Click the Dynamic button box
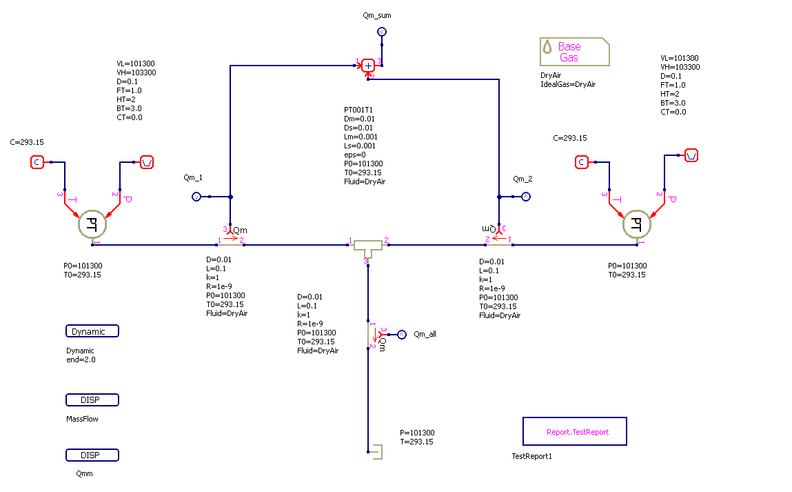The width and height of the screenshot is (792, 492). pos(92,331)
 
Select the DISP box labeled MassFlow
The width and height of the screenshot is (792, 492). pos(92,400)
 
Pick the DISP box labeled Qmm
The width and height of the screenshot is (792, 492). pos(92,455)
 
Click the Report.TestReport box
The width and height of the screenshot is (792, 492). pos(574,431)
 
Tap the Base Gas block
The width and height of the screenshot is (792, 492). pos(574,52)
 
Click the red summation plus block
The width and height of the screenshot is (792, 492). pos(368,65)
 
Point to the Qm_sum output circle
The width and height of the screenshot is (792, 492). pos(381,32)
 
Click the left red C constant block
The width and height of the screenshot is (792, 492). pos(37,162)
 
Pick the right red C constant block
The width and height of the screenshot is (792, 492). pos(581,162)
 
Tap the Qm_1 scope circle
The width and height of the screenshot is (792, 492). pos(196,197)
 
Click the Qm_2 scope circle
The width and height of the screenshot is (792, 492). pos(525,197)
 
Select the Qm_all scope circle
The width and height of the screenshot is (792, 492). pos(403,334)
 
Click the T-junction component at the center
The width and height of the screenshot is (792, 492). pos(368,246)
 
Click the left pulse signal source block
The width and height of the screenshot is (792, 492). pos(147,162)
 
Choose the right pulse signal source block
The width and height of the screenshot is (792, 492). pos(691,155)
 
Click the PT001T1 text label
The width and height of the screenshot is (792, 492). pos(358,110)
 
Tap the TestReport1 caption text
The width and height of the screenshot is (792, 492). pos(531,456)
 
